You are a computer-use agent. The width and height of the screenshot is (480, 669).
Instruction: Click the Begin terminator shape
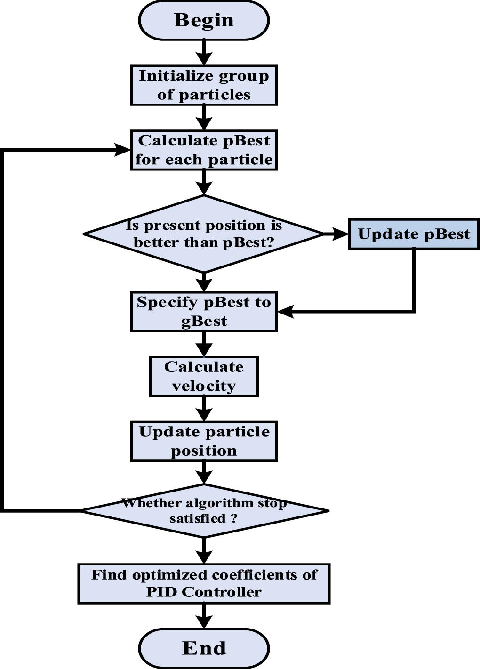pos(204,21)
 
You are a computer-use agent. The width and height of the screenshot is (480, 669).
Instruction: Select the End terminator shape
pos(204,648)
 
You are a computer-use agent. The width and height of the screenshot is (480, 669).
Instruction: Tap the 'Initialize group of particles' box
pos(204,85)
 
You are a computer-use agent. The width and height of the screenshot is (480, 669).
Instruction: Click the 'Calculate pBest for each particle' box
pos(204,150)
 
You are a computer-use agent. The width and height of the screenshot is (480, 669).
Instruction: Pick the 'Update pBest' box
pos(414,234)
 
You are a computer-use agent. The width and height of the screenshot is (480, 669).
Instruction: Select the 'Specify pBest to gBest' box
pos(204,312)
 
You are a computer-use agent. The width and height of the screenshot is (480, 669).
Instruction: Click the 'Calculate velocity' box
pos(204,377)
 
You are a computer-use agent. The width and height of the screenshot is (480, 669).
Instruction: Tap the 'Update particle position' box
pos(204,441)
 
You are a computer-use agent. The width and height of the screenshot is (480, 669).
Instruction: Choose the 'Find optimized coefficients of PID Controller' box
pos(204,584)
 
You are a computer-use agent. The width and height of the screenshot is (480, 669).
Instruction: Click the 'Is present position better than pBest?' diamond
pos(204,234)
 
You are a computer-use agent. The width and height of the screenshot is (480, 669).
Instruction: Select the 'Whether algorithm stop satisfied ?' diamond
pos(204,510)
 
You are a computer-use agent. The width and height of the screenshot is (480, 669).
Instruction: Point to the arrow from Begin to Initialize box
pos(204,52)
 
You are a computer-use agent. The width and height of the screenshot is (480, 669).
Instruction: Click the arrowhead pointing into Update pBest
pos(340,234)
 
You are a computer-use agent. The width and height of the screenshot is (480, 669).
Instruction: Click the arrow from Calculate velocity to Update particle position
pos(204,408)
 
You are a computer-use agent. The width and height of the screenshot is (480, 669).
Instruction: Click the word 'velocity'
pos(204,386)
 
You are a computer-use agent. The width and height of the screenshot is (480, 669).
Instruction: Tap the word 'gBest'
pos(204,321)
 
